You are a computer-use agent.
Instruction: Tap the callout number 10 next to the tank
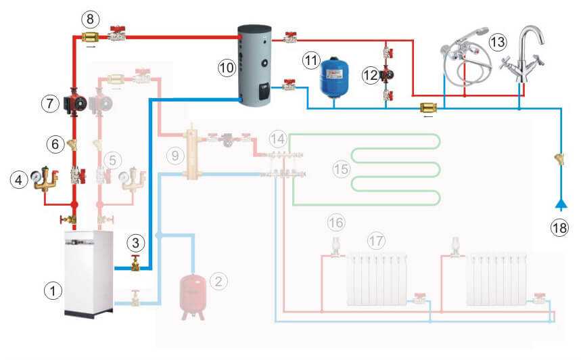pyautogui.click(x=225, y=66)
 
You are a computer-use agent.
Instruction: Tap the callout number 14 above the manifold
pyautogui.click(x=277, y=139)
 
